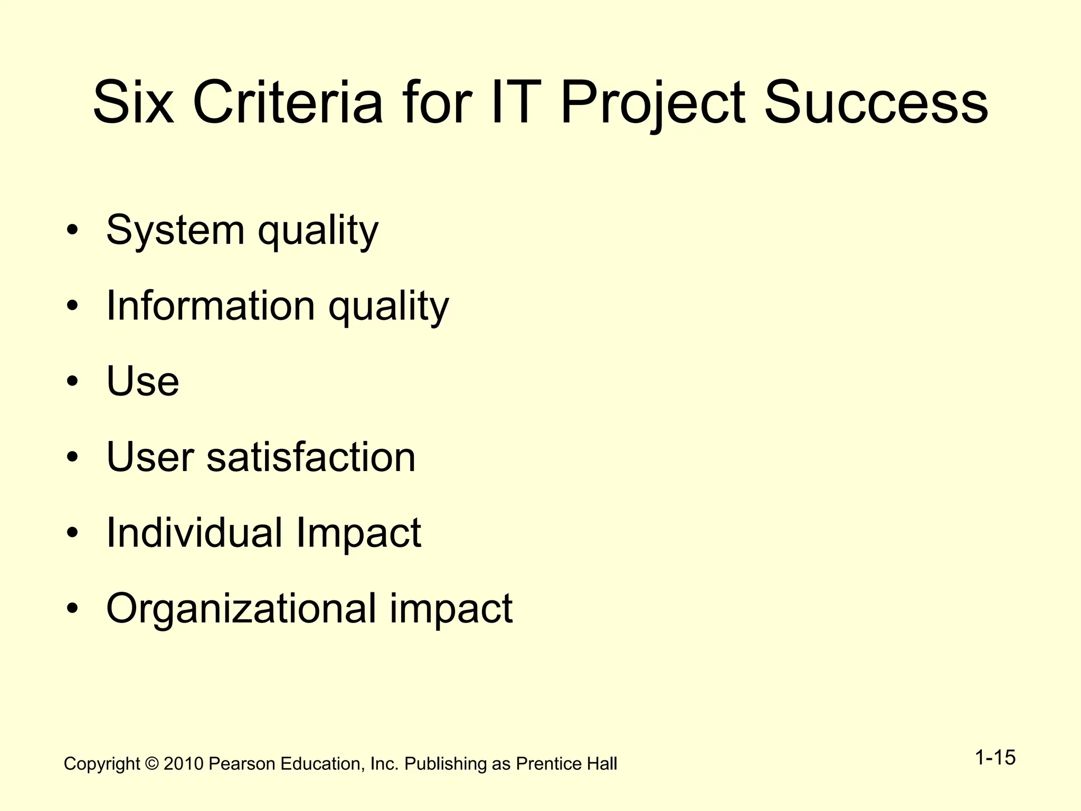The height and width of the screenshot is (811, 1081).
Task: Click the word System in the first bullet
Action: (175, 231)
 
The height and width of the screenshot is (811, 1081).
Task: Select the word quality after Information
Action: (388, 307)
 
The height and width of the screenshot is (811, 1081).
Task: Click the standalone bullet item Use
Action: (143, 381)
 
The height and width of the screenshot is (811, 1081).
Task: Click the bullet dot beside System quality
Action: (73, 231)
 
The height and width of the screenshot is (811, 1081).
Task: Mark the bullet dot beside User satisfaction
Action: (73, 457)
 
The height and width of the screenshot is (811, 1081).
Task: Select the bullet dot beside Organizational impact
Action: (73, 608)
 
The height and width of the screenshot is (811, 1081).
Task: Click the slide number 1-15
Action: (995, 758)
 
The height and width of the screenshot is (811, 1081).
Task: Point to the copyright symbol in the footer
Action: (151, 764)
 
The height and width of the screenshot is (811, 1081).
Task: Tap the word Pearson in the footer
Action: (242, 764)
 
